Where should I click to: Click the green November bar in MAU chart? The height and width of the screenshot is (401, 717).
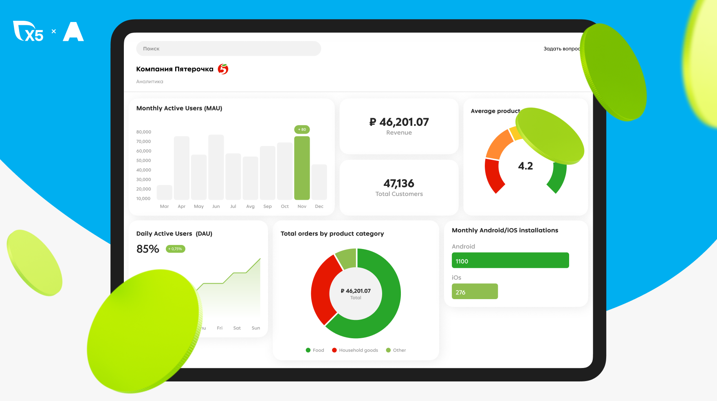click(x=302, y=168)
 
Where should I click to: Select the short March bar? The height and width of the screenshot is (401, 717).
click(x=164, y=192)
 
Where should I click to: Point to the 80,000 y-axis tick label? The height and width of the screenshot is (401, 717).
click(x=143, y=132)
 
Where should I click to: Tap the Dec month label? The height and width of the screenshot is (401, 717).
click(x=319, y=207)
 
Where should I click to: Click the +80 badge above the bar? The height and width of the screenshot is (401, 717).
click(x=302, y=130)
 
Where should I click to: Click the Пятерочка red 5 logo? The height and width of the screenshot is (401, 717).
click(x=223, y=69)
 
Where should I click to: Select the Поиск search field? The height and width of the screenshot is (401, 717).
click(x=228, y=48)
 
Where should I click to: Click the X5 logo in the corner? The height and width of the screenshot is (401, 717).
click(x=29, y=31)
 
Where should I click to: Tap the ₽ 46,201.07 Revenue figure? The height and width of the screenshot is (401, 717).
click(x=399, y=122)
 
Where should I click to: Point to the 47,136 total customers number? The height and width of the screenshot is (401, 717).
click(x=399, y=183)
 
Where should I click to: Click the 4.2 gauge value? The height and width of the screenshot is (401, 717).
click(x=525, y=166)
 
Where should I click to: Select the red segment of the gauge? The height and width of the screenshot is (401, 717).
click(x=493, y=175)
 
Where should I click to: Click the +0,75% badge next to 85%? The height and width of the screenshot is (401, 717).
click(x=176, y=249)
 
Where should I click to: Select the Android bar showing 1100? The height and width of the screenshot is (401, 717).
click(x=510, y=260)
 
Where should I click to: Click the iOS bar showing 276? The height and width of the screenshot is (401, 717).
click(x=475, y=291)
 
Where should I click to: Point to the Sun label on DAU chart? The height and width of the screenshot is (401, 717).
click(x=256, y=328)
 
